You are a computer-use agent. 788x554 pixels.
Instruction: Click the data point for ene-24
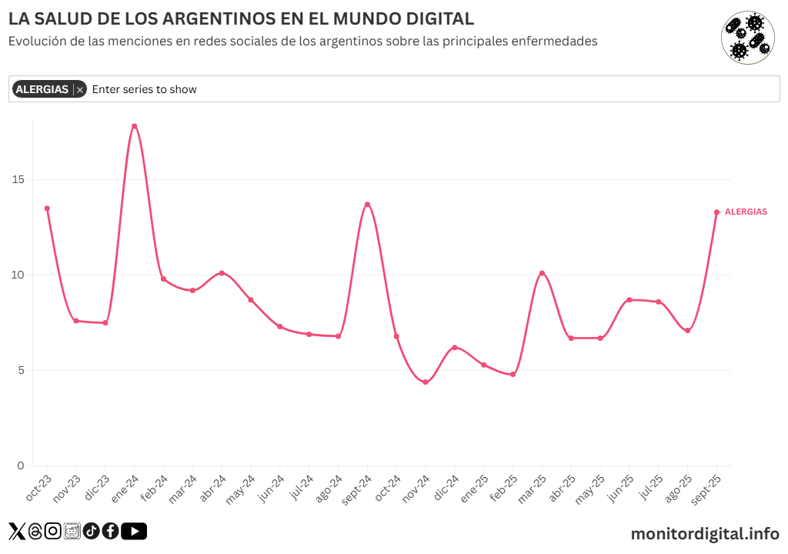(134, 126)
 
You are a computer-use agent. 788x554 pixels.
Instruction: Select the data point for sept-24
(367, 205)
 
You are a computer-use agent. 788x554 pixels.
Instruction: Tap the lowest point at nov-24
(426, 382)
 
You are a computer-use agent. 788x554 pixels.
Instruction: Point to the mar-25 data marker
(542, 273)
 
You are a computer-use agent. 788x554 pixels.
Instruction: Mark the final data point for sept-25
(716, 212)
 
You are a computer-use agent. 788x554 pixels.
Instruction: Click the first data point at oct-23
(47, 209)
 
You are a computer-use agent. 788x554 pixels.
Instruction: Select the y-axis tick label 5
(20, 371)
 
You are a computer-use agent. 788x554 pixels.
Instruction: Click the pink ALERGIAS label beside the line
(746, 212)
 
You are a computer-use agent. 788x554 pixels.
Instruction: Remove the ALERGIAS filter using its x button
(80, 90)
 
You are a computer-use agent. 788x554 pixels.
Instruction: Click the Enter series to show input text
(145, 89)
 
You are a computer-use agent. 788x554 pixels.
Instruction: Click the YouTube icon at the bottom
(134, 531)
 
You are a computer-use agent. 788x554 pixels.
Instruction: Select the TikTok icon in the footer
(91, 531)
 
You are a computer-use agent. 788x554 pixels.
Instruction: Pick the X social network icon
(16, 531)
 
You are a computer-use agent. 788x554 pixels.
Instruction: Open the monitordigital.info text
(705, 532)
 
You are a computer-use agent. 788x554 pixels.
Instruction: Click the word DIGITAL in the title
(432, 18)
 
